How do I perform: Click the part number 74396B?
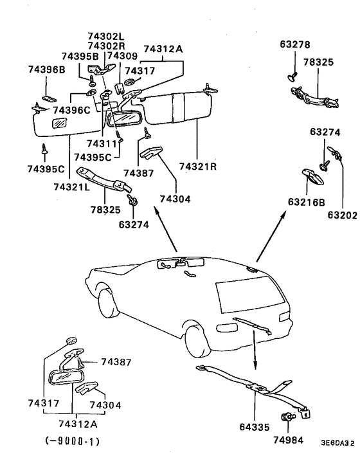coord(46,70)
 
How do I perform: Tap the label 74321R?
coord(198,167)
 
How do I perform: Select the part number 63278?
coord(295,44)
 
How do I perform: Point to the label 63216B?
coord(307,202)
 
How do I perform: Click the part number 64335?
coord(255,427)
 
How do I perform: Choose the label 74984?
coord(289,440)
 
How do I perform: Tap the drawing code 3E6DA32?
coord(337,443)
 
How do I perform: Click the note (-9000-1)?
coord(73,441)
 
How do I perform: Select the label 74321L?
coord(72,187)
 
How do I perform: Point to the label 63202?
coord(343,215)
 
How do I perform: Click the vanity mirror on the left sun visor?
coord(59,123)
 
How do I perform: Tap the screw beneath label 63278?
coord(292,76)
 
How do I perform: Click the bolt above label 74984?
coord(288,417)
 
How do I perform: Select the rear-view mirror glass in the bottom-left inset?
coord(66,376)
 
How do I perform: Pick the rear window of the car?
coord(250,295)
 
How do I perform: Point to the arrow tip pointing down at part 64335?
coord(255,370)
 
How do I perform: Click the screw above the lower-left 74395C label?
coord(44,149)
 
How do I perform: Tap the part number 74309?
coord(122,56)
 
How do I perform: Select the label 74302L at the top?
coord(106,36)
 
